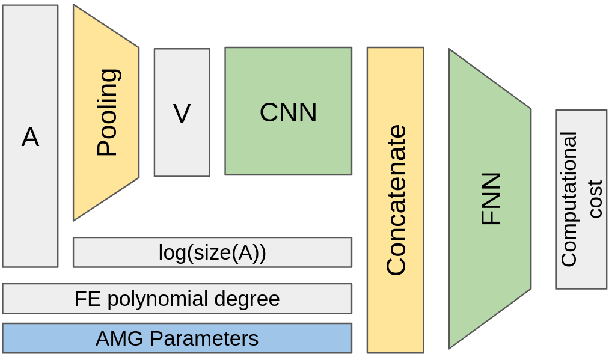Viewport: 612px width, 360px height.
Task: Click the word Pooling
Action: (108, 112)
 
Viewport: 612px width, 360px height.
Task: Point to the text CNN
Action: (288, 112)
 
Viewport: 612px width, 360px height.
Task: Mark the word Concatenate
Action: (396, 200)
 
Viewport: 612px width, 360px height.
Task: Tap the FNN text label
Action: (491, 199)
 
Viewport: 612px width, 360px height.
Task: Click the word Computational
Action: (568, 199)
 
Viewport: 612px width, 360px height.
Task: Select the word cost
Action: (595, 199)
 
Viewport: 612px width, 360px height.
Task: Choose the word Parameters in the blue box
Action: (204, 339)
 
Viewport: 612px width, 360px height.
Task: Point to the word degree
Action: (249, 299)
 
